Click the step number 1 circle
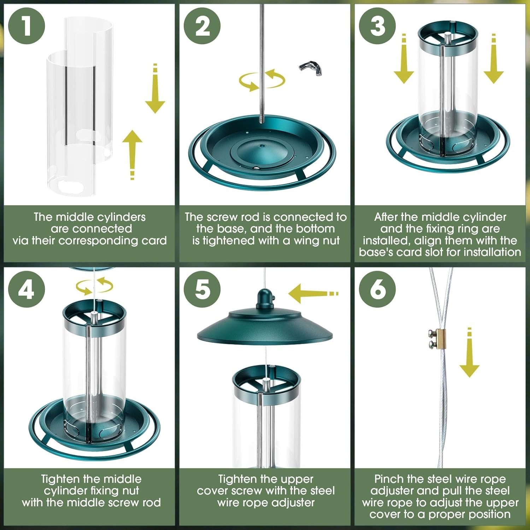[26, 26]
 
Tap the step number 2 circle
[202, 26]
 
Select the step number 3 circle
[377, 26]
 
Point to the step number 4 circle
[26, 289]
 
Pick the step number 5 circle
[202, 289]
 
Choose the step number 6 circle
[377, 289]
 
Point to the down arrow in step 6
[469, 352]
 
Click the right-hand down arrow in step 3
[494, 59]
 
